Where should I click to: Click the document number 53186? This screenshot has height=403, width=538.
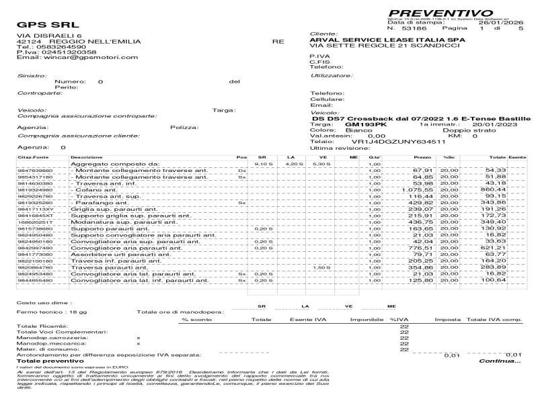[x=414, y=29]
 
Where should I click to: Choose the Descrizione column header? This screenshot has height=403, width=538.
[x=87, y=157]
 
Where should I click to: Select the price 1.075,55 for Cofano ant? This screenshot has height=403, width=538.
[x=417, y=190]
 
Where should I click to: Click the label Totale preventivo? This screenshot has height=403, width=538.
[x=45, y=361]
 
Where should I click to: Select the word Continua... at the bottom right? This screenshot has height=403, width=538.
[x=499, y=361]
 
